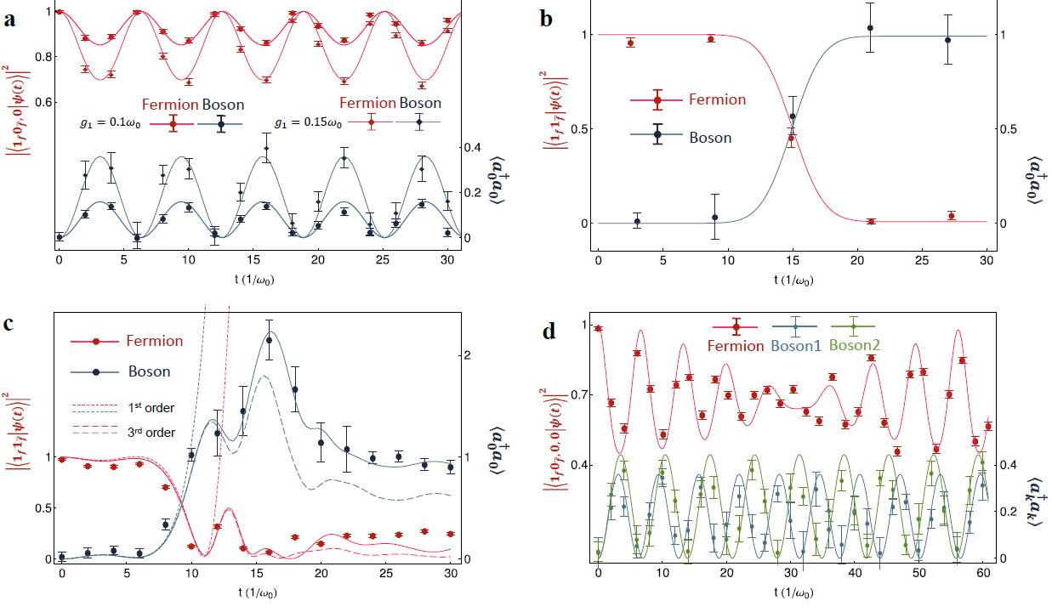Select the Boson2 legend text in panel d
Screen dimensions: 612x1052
tap(854, 346)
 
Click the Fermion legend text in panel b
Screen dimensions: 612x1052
tap(717, 100)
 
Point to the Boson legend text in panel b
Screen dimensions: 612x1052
tap(708, 137)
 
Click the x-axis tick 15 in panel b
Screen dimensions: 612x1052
tap(793, 259)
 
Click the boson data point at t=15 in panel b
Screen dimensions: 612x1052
tap(793, 116)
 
